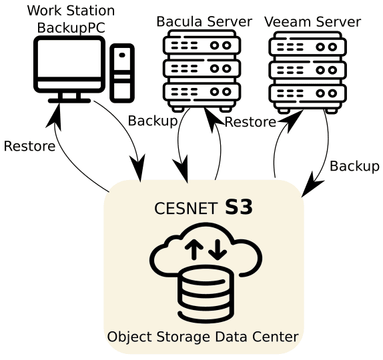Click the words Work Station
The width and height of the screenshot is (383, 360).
click(x=71, y=11)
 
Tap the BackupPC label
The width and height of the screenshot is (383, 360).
click(x=71, y=27)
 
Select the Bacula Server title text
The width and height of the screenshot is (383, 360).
click(x=204, y=21)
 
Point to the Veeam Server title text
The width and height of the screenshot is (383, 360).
click(x=313, y=22)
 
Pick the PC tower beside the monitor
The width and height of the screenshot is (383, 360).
click(x=122, y=73)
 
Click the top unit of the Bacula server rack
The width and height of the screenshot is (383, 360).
click(x=202, y=45)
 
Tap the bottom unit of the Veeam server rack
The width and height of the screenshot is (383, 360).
click(x=308, y=93)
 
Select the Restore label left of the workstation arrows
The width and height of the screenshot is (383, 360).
click(x=29, y=146)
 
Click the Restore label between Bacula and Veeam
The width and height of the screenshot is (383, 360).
click(x=250, y=122)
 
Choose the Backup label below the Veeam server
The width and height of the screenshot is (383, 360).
click(x=354, y=167)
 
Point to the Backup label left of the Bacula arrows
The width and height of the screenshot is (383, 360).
click(x=153, y=121)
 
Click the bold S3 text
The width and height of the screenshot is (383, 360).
click(x=239, y=207)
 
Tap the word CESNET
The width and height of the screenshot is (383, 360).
click(x=186, y=209)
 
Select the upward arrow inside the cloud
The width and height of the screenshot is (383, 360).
click(x=194, y=249)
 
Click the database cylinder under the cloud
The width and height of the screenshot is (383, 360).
click(x=206, y=295)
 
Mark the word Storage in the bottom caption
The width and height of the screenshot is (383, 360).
click(x=183, y=337)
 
